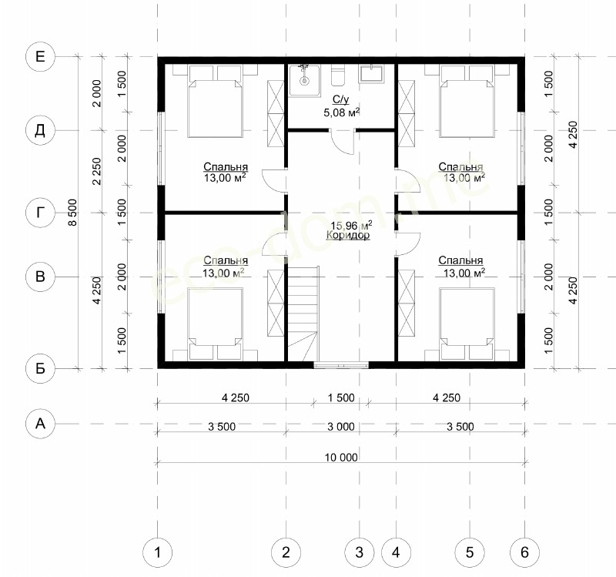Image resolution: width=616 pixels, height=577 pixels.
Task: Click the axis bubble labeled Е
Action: tap(40, 57)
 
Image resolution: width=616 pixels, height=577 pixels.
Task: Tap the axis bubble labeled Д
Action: tap(40, 130)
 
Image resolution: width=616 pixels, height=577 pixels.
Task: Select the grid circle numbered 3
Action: tap(359, 552)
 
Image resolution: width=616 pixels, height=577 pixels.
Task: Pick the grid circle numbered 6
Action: tap(524, 552)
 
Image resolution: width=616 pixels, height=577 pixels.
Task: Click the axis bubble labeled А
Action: tap(40, 424)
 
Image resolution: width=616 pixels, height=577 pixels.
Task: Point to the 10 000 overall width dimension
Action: tap(341, 458)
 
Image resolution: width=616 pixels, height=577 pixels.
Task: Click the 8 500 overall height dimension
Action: tap(72, 213)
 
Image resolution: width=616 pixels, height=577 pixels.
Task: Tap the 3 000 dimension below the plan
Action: tap(341, 427)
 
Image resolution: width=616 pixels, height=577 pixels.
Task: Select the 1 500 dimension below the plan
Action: tap(341, 398)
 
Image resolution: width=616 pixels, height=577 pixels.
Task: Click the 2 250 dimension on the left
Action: tap(96, 171)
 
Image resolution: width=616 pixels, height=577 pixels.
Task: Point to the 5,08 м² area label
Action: tap(342, 112)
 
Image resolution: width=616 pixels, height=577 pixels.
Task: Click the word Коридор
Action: tap(348, 235)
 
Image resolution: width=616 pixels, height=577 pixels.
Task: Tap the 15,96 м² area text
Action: tap(351, 226)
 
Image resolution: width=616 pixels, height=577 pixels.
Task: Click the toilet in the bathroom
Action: tap(337, 75)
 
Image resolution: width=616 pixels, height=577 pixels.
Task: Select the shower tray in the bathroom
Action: tap(304, 80)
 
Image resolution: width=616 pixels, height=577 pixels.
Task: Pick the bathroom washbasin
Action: tap(370, 74)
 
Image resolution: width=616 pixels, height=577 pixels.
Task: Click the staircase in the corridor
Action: tap(303, 313)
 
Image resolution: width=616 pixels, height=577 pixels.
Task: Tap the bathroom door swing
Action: tap(343, 142)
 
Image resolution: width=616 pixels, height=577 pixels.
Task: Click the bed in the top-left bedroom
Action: tap(215, 102)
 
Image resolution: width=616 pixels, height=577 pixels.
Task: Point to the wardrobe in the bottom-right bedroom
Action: tap(407, 303)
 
